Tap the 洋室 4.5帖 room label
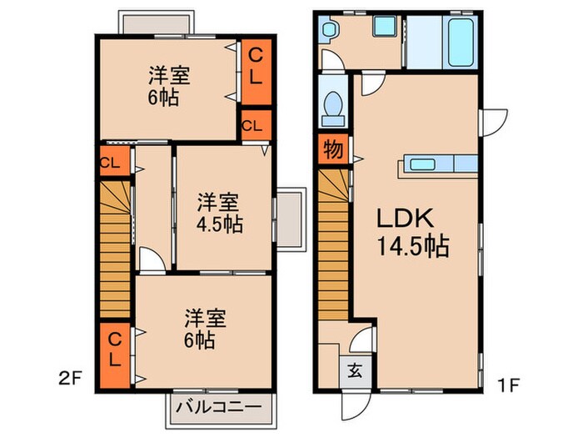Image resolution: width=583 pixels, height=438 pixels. pos(220,214)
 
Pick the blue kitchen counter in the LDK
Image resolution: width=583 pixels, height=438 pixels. pos(439,164)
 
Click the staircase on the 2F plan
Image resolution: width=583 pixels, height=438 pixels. pos(115,250)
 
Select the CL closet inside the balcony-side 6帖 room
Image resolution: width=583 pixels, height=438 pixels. pos(115,355)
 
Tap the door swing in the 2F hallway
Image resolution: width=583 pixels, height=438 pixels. pos(152,261)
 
